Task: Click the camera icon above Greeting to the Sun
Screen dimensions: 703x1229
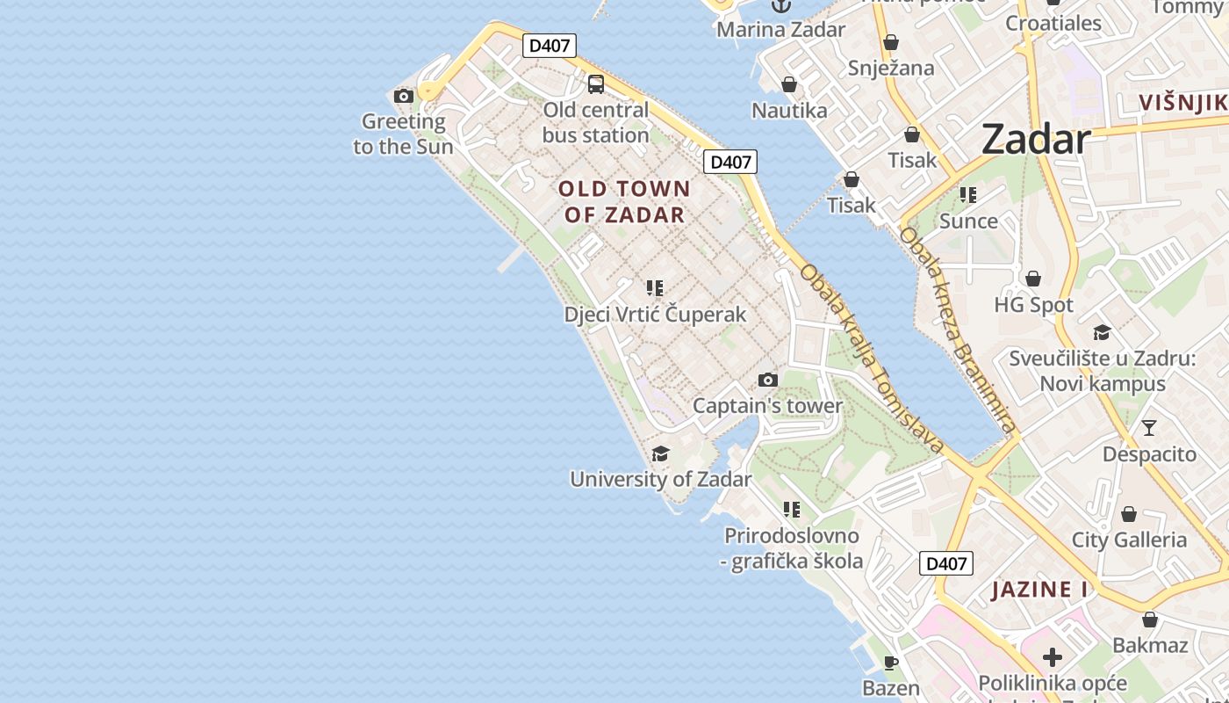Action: point(404,96)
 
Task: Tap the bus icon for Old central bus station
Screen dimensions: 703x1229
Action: point(596,84)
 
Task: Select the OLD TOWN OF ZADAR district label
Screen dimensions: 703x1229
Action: point(624,201)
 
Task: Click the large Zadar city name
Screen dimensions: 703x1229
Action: point(1036,139)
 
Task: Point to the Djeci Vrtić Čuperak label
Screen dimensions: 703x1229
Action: point(655,315)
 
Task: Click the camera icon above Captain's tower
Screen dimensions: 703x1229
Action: point(768,380)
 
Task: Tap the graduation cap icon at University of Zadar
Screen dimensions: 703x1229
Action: point(660,453)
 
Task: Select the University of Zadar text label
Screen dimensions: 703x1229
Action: point(660,479)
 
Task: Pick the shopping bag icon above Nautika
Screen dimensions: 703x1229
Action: point(789,84)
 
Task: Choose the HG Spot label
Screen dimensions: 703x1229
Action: point(1033,305)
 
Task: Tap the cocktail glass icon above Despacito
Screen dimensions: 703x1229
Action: point(1148,428)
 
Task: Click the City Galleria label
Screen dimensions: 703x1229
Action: point(1129,540)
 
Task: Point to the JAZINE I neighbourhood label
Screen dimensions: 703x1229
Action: point(1040,589)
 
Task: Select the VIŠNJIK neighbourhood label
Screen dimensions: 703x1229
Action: point(1182,102)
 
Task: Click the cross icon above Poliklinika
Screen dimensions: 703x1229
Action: point(1052,656)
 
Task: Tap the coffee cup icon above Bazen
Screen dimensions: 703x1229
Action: point(891,663)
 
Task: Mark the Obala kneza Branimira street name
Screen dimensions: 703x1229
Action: point(957,329)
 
